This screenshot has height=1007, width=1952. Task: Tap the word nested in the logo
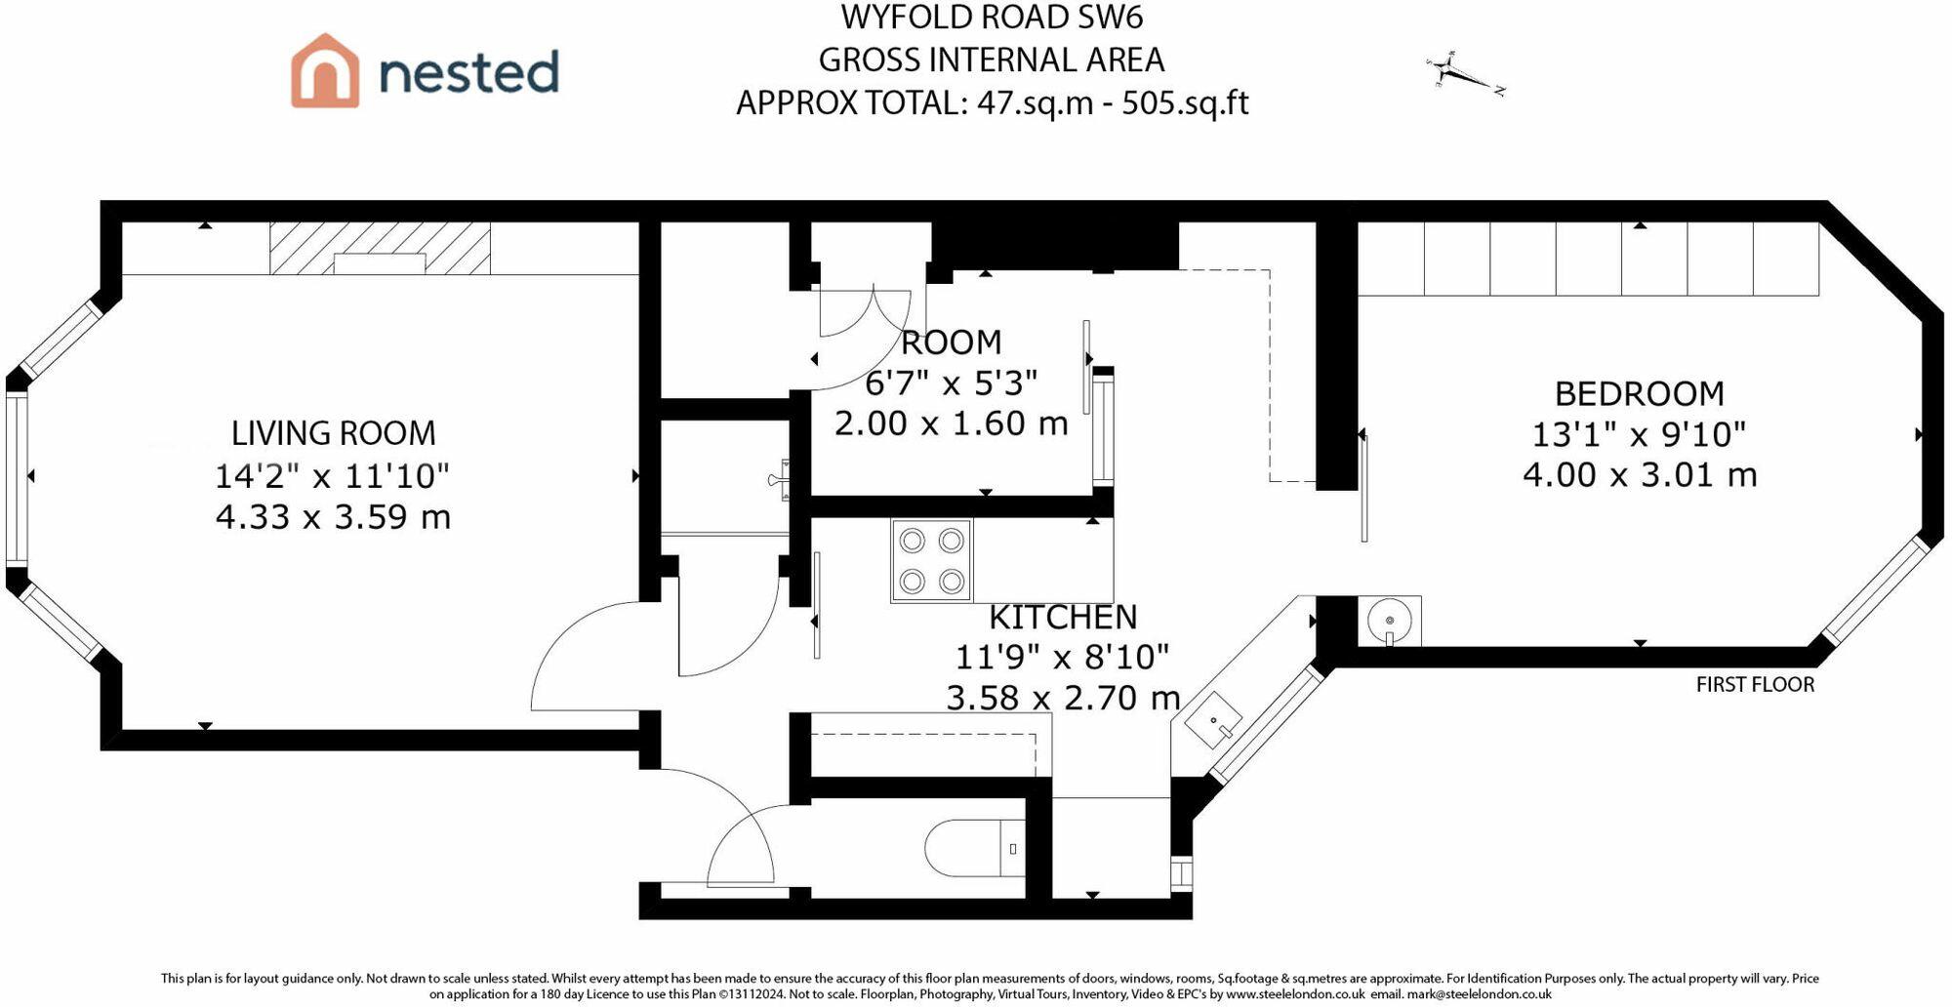point(468,73)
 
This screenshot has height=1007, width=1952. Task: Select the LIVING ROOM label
point(333,433)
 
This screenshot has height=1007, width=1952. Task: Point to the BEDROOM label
point(1639,393)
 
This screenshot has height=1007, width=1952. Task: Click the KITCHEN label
point(1063,618)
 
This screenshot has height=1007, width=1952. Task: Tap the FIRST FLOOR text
point(1755,685)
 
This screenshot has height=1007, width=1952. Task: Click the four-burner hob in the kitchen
point(931,560)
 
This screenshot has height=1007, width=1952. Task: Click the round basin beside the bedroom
point(1389,621)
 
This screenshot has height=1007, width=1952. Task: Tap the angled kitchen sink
point(1213,720)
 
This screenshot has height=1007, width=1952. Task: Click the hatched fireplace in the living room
point(380,249)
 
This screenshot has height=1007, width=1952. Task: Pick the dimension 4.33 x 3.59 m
point(333,516)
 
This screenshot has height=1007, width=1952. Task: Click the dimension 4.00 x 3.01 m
point(1640,475)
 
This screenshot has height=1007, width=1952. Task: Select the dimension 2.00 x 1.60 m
point(951,423)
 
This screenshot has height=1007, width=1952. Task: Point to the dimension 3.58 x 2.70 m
point(1063,698)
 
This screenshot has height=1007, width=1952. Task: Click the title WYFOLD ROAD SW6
point(992,18)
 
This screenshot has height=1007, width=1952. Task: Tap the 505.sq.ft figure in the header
point(1185,102)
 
